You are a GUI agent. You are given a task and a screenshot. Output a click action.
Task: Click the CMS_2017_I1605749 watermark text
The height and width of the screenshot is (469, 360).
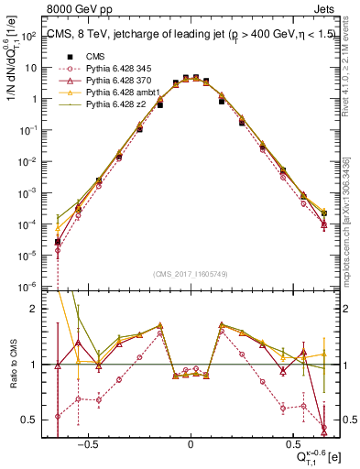191,274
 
